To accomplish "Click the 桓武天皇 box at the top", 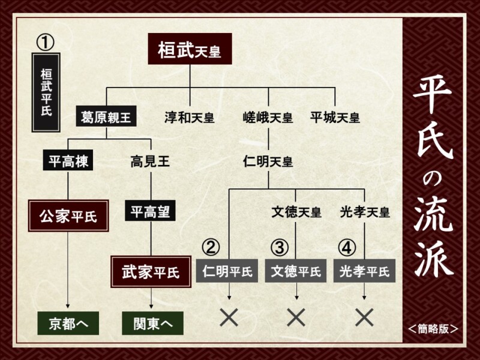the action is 190,49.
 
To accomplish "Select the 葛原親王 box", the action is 106,116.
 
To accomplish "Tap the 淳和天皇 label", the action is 190,118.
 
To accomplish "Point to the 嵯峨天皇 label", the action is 268,118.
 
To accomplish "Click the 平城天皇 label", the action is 335,118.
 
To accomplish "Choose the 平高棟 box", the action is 68,160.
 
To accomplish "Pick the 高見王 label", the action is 151,161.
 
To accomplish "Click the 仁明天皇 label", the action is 268,161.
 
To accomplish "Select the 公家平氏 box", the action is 68,216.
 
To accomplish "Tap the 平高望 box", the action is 151,211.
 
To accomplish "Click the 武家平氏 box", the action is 151,272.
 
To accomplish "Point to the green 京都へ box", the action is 68,323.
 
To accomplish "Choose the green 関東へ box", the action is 153,323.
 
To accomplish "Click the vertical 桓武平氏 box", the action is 46,92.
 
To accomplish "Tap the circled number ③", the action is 280,247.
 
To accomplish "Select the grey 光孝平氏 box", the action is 364,271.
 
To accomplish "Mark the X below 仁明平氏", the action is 229,317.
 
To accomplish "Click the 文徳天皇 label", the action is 296,212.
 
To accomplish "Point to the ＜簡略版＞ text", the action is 433,329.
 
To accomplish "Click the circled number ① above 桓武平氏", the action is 46,43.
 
